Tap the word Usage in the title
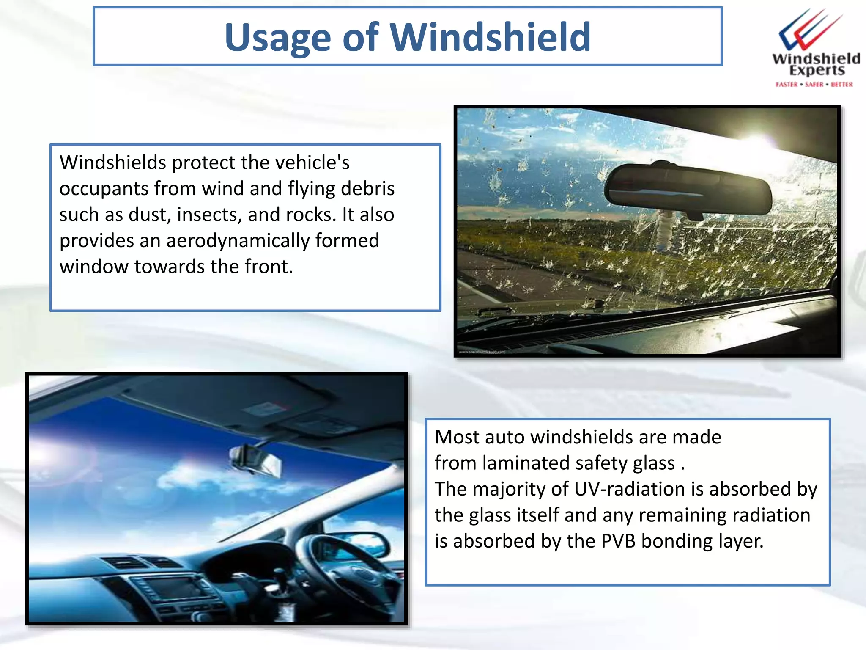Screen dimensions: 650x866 277,38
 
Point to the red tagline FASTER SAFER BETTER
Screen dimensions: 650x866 814,84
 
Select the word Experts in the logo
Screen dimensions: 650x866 817,70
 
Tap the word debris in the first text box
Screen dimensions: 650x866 367,189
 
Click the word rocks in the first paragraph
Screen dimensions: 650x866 310,215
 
